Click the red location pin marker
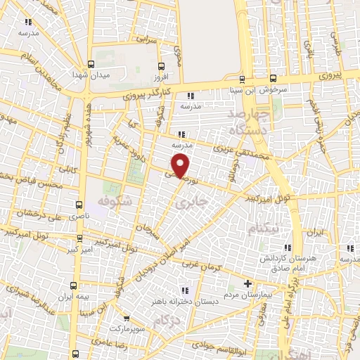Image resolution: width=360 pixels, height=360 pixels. (x=181, y=165)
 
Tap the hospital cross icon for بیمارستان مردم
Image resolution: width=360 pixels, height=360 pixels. (x=247, y=283)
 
